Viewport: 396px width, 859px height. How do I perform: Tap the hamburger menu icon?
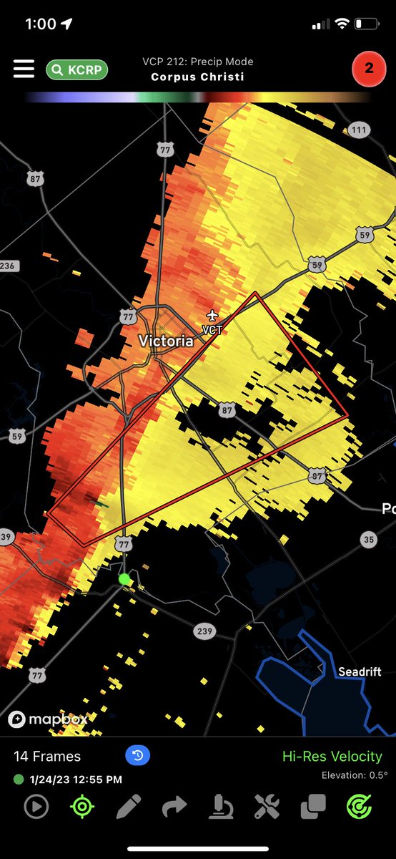24,69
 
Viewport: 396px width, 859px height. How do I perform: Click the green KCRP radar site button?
77,69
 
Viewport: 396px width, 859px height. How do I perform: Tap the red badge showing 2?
369,69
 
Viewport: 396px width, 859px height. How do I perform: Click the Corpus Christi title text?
197,77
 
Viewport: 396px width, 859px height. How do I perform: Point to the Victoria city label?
166,341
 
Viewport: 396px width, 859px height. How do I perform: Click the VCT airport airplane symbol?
212,315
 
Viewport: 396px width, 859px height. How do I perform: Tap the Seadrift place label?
360,671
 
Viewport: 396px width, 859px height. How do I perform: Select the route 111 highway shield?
359,130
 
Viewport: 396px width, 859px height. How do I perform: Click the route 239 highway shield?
204,631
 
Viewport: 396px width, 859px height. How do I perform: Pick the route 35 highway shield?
368,540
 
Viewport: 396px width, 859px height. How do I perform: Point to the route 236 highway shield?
6,266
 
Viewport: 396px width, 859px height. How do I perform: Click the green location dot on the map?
125,578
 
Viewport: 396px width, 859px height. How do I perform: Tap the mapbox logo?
47,719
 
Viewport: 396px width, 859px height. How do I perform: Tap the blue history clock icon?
137,755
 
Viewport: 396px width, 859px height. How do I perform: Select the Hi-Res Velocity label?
332,756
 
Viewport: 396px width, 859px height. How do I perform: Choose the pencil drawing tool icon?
129,807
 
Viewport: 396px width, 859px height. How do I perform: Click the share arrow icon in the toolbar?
174,807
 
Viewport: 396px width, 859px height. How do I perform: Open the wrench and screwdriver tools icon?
267,807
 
